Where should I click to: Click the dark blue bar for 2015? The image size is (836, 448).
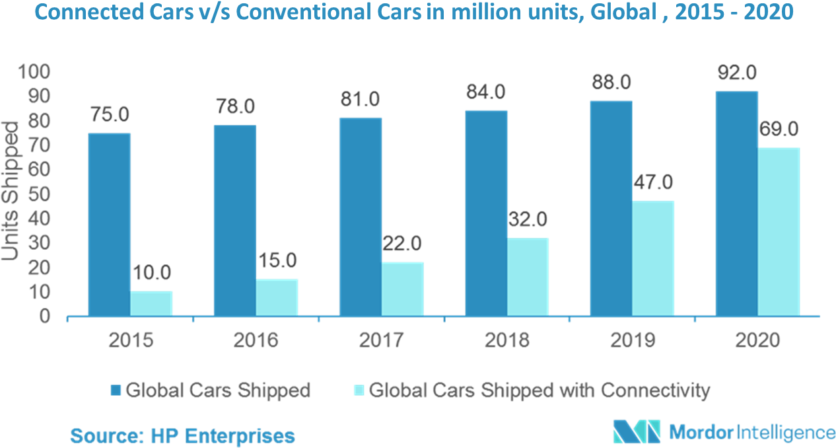110,225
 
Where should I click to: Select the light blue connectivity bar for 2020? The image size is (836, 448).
779,231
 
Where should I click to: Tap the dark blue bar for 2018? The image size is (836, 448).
487,213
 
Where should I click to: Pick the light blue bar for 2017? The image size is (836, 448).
403,289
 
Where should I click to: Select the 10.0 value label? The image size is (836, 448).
151,272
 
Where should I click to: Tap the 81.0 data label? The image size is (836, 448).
361,99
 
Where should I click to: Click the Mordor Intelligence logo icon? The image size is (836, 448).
636,431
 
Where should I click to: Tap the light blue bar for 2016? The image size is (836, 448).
277,297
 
